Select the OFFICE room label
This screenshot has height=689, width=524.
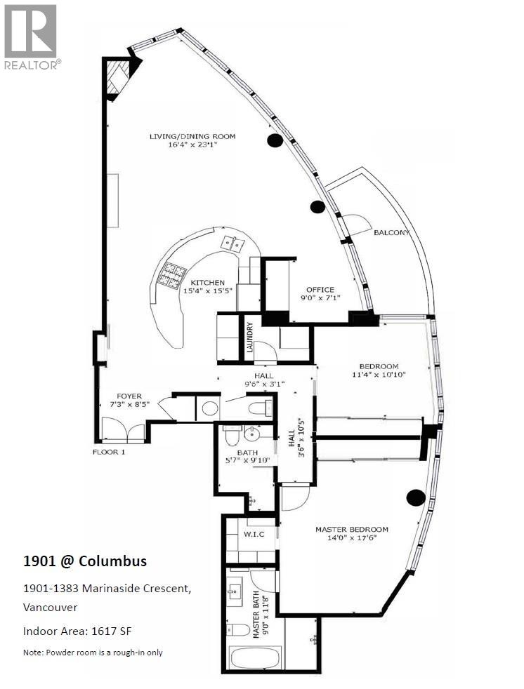pyautogui.click(x=320, y=290)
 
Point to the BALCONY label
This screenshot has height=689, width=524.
pyautogui.click(x=391, y=233)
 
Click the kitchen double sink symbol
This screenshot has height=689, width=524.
pyautogui.click(x=232, y=243)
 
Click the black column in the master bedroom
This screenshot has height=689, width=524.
pyautogui.click(x=416, y=497)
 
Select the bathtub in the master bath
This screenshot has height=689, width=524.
pyautogui.click(x=254, y=660)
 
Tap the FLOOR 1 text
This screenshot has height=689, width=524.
pyautogui.click(x=109, y=452)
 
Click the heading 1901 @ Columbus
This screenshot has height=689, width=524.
pyautogui.click(x=85, y=561)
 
